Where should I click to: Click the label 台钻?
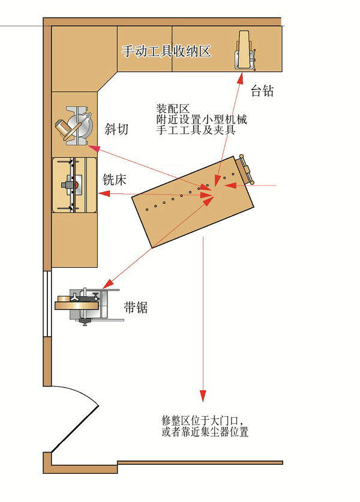[x=262, y=91]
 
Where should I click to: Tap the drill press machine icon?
[x=245, y=50]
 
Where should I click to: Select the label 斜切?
[x=116, y=129]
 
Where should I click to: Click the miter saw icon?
[x=74, y=126]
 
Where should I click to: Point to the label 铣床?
[x=114, y=180]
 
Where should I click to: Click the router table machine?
[x=74, y=185]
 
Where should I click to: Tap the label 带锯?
[x=136, y=307]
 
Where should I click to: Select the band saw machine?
[x=89, y=306]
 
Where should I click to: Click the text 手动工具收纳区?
[x=166, y=51]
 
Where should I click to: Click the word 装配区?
[x=173, y=109]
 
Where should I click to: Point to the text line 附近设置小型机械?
[x=202, y=119]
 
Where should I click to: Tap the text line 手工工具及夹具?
[x=196, y=130]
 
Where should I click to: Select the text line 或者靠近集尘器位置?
[x=205, y=432]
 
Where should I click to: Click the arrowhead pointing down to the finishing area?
[x=203, y=396]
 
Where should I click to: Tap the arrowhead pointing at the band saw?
[x=108, y=283]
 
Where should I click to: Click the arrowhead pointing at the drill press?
[x=241, y=78]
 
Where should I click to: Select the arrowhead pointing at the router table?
[x=104, y=193]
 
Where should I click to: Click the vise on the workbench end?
[x=247, y=169]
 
